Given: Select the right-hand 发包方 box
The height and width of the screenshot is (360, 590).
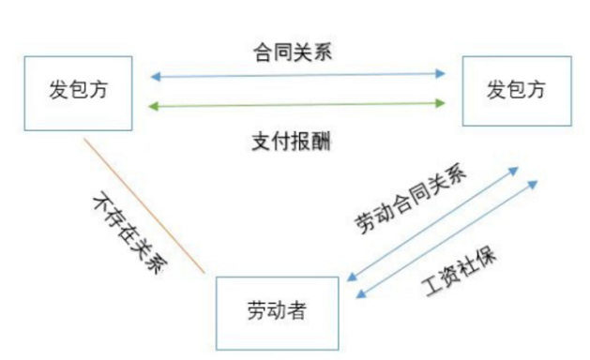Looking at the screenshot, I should click(515, 91).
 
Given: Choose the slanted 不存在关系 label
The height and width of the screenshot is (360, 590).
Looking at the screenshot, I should click(131, 234).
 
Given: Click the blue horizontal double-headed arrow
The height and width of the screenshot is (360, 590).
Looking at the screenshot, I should click(298, 73).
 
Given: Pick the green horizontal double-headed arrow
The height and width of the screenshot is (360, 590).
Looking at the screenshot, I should click(298, 103).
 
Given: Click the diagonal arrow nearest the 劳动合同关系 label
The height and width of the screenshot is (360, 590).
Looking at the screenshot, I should click(432, 224).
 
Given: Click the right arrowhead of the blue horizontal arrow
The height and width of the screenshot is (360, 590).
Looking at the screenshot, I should click(441, 73).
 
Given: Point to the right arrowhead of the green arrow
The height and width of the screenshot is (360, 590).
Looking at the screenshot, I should click(441, 103).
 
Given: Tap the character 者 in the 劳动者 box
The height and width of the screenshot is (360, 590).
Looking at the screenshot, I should click(295, 311).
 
